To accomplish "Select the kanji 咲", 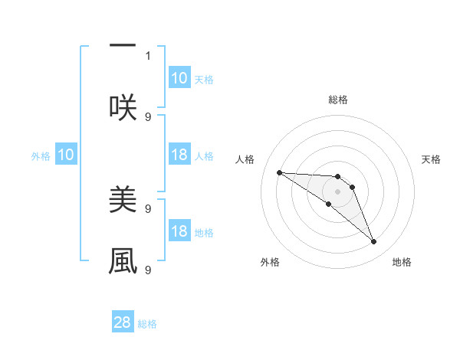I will pyautogui.click(x=123, y=107).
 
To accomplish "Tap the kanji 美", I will pyautogui.click(x=123, y=201).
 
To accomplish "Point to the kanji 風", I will pyautogui.click(x=123, y=260).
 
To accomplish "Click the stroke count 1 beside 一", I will pyautogui.click(x=148, y=55).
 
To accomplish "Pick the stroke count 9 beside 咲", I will pyautogui.click(x=148, y=116).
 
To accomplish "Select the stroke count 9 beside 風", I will pyautogui.click(x=148, y=270).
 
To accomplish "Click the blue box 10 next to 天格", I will pyautogui.click(x=179, y=78).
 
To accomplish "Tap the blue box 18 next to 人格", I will pyautogui.click(x=179, y=155).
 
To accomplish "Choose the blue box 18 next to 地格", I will pyautogui.click(x=179, y=231).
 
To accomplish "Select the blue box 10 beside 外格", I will pyautogui.click(x=66, y=155).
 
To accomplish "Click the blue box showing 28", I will pyautogui.click(x=123, y=322).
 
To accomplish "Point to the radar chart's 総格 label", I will pyautogui.click(x=338, y=100).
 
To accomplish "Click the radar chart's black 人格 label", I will pyautogui.click(x=245, y=159).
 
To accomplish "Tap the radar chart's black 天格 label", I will pyautogui.click(x=431, y=159).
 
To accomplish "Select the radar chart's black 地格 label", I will pyautogui.click(x=402, y=262).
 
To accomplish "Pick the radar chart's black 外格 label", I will pyautogui.click(x=270, y=262).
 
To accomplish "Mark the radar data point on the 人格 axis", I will pyautogui.click(x=279, y=172).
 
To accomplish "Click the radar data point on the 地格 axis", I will pyautogui.click(x=374, y=242).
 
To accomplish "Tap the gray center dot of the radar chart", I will pyautogui.click(x=337, y=191).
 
